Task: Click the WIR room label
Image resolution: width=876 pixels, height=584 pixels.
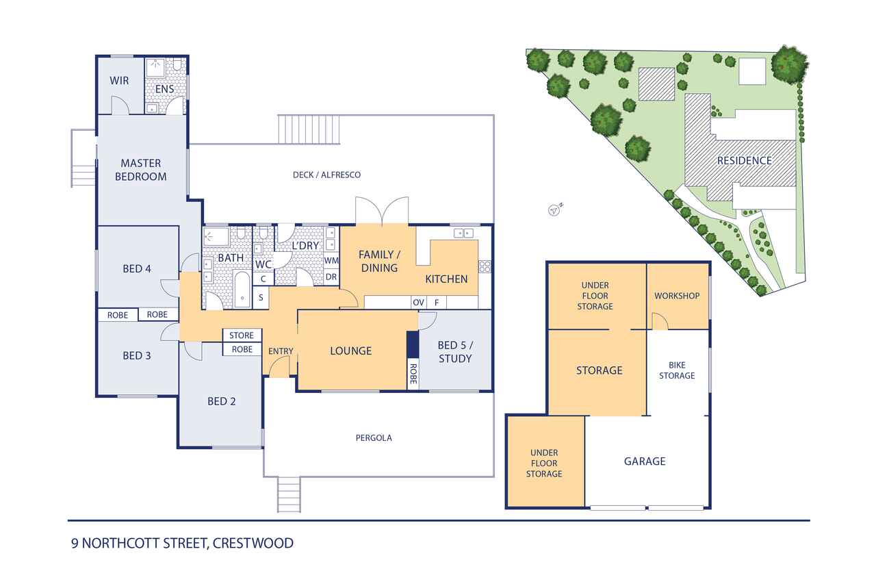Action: (x=119, y=81)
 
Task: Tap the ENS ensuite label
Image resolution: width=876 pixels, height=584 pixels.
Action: (x=164, y=89)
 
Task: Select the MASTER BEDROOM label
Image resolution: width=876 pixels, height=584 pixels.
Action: (x=141, y=170)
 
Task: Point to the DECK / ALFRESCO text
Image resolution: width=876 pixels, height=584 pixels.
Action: (x=327, y=175)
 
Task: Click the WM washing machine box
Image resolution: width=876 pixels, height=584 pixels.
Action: (x=331, y=261)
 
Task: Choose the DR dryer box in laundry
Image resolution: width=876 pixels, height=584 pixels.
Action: (x=331, y=277)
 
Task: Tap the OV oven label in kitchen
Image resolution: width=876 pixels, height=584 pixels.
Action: (x=418, y=303)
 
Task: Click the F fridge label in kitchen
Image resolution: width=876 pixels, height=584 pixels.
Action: (x=437, y=303)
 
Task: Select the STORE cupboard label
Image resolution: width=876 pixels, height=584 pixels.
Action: (x=242, y=335)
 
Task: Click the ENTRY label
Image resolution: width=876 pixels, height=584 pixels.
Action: (x=281, y=351)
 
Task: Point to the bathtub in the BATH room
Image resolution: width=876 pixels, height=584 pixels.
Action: (x=242, y=289)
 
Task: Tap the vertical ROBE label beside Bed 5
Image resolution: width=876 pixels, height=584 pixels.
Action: (x=413, y=374)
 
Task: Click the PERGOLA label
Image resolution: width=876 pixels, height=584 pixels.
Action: (x=374, y=437)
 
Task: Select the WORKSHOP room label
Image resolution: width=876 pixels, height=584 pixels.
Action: (x=677, y=296)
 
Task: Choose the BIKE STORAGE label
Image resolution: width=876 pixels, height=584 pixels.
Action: (x=677, y=370)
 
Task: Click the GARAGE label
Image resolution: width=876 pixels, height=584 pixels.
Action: (x=645, y=461)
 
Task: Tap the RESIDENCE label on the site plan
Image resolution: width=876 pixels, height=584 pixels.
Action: (x=745, y=161)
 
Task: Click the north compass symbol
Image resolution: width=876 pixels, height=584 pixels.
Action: (x=554, y=210)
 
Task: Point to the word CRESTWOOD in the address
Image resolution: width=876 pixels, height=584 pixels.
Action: (x=253, y=544)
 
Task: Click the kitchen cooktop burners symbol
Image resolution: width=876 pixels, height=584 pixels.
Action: (x=485, y=267)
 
